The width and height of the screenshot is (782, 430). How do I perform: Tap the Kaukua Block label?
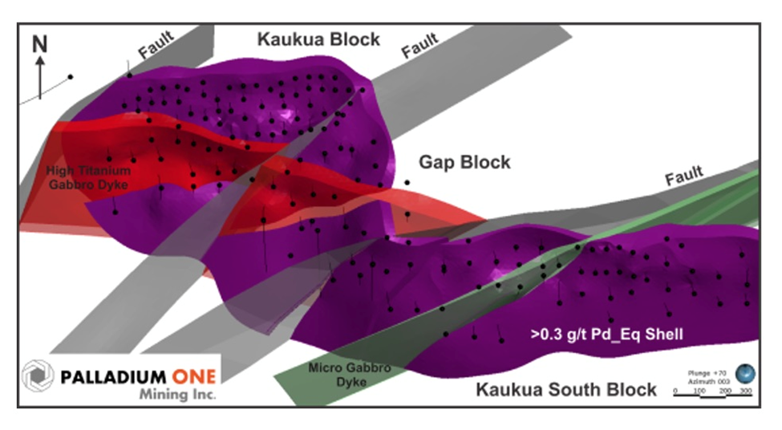318,39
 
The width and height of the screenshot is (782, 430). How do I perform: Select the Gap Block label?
464,163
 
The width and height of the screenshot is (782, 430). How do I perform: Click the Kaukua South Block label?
566,391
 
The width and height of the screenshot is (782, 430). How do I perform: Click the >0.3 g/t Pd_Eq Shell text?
606,335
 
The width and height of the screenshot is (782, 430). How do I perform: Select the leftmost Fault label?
156,49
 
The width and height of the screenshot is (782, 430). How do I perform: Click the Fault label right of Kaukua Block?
420,45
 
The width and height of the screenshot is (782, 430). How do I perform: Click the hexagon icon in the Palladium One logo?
37,375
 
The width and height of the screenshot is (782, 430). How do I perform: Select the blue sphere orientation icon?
745,374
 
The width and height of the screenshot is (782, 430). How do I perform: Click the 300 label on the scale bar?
745,391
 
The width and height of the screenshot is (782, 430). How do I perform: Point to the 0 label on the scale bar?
676,391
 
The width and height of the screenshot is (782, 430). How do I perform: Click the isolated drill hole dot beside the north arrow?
71,77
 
